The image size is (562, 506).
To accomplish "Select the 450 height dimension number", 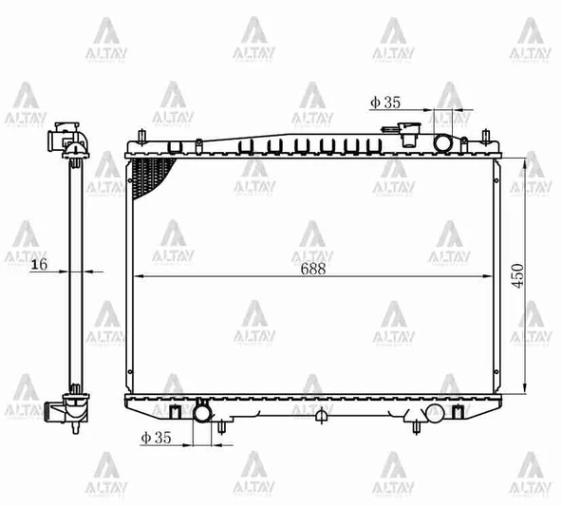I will (517, 275).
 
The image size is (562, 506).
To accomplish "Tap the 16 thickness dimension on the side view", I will (39, 265).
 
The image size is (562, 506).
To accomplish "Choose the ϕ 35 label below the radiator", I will (156, 438).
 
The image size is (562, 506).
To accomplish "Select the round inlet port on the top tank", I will (444, 142).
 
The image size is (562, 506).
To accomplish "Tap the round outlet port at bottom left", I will (202, 412).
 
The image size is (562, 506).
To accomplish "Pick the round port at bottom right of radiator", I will (434, 412).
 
